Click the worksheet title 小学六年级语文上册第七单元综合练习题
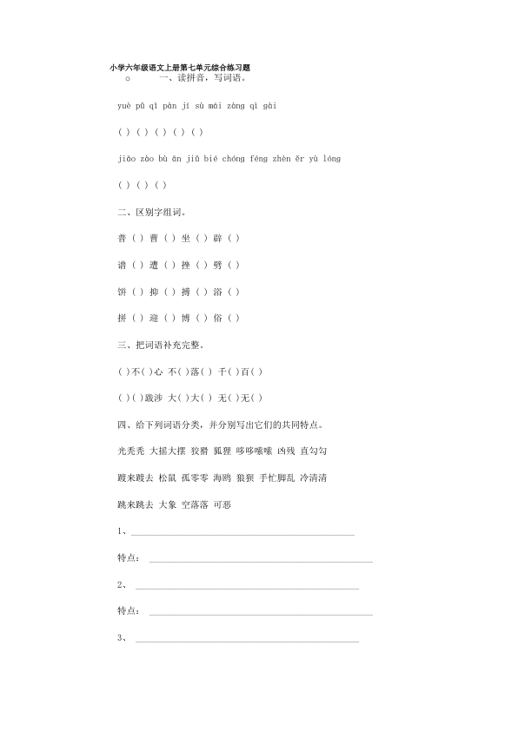pyautogui.click(x=180, y=67)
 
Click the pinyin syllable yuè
pyautogui.click(x=123, y=105)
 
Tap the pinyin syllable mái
pyautogui.click(x=214, y=105)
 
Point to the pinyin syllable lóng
pyautogui.click(x=331, y=159)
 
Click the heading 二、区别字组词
pyautogui.click(x=151, y=212)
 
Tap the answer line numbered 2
pyautogui.click(x=247, y=587)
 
